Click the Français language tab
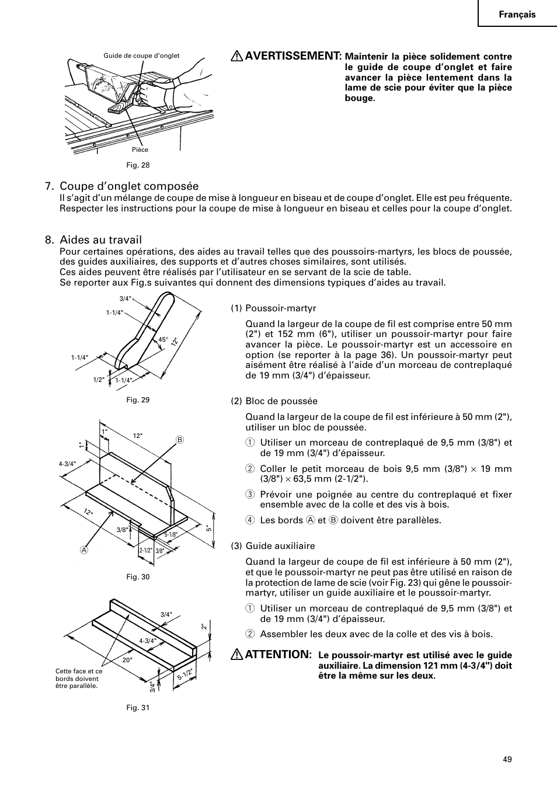[516, 15]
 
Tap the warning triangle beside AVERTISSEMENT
[237, 56]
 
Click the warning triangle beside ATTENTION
[237, 655]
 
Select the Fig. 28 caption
[138, 165]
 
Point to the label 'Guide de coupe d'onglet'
[141, 56]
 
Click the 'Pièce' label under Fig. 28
[140, 150]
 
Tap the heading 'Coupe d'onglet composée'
[129, 186]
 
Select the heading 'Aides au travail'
[100, 239]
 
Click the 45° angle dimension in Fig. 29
[163, 339]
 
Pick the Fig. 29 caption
[138, 400]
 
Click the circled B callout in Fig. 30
[180, 439]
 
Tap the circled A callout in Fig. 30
[84, 550]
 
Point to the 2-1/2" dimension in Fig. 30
[145, 550]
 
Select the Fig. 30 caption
[138, 577]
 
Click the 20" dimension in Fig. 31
[127, 660]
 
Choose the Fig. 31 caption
[138, 708]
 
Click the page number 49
[506, 759]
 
